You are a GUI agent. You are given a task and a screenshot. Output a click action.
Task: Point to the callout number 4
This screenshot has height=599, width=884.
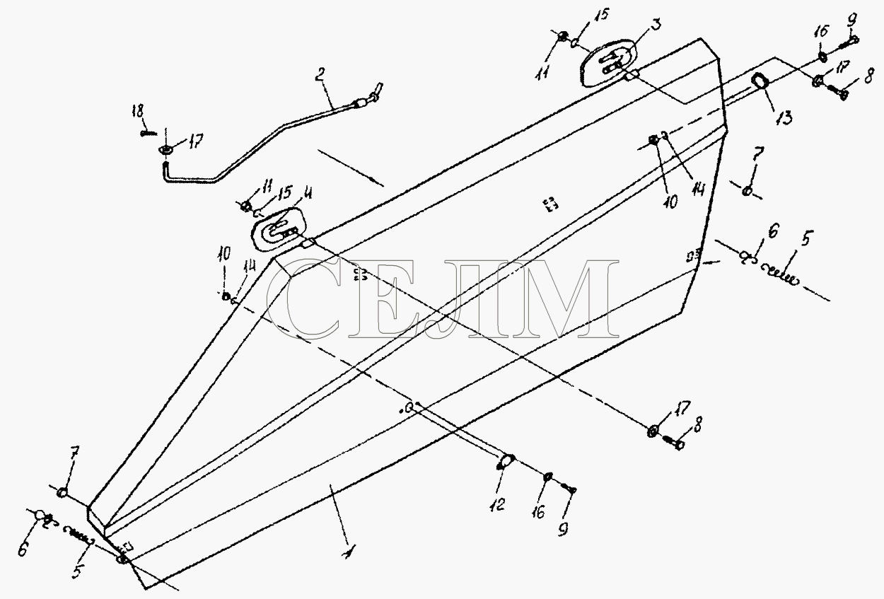[x=307, y=194]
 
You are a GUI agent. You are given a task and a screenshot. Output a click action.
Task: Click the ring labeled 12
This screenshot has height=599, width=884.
[x=506, y=461]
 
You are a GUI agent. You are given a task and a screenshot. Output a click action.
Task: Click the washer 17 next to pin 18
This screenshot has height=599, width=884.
[x=166, y=149]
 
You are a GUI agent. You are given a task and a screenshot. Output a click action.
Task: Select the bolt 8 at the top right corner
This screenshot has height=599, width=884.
[x=837, y=93]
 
